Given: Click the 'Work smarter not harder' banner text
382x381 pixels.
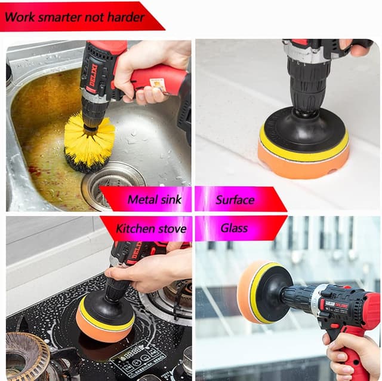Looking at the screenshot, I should (x=75, y=17).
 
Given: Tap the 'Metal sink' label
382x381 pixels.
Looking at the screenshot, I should (x=154, y=199).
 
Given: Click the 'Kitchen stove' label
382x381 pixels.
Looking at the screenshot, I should (x=150, y=228).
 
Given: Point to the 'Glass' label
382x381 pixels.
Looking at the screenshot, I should (x=234, y=228).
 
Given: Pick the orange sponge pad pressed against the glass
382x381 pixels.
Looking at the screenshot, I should (x=251, y=293).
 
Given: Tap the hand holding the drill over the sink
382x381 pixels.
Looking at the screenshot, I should (x=149, y=69).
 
